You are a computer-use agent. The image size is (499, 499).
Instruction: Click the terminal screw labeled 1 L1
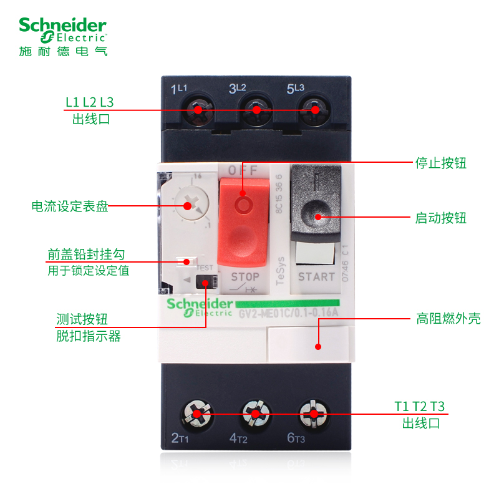[x=198, y=110]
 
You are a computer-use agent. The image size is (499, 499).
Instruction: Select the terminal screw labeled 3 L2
[x=256, y=110]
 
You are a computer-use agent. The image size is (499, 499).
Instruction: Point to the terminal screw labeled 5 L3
[x=314, y=110]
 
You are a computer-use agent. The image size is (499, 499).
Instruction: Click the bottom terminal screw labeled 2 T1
[x=197, y=413]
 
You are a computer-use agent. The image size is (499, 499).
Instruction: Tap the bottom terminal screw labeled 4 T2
[x=254, y=413]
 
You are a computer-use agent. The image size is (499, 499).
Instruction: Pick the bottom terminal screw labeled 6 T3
[x=312, y=413]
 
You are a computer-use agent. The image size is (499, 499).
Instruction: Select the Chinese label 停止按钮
[x=441, y=163]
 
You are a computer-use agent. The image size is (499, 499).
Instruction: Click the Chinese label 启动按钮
[x=441, y=218]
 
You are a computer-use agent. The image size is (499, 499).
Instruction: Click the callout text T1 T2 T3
[x=420, y=407]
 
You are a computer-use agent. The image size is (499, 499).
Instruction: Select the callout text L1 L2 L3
[x=90, y=102]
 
